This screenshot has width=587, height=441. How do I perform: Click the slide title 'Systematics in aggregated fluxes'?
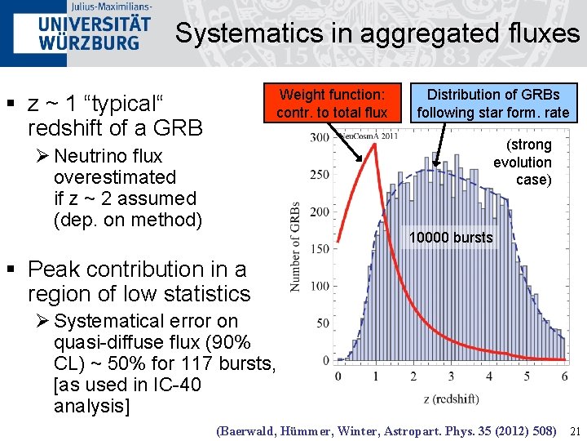[377, 33]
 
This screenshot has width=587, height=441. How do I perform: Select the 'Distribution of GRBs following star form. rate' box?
[493, 103]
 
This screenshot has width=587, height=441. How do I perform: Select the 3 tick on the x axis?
[451, 376]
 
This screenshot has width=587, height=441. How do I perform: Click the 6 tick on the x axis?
[564, 376]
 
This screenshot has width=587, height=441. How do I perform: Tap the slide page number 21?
[574, 430]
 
